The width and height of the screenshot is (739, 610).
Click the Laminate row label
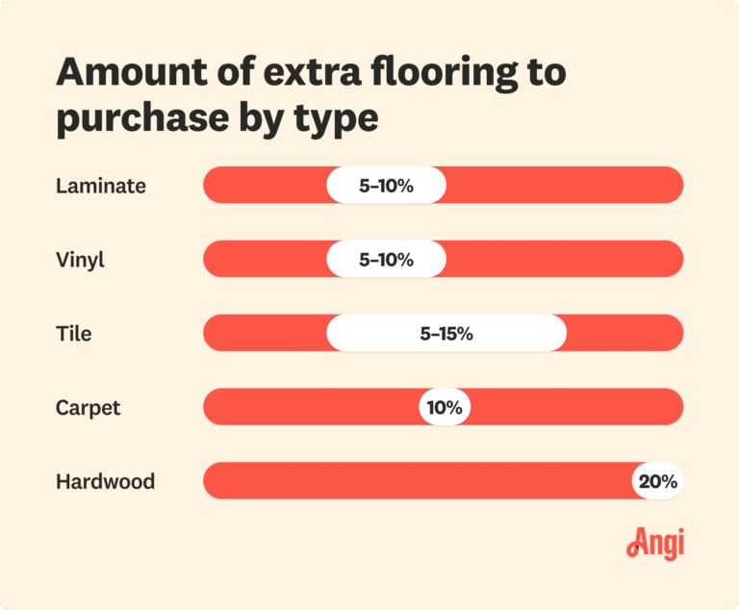(x=101, y=186)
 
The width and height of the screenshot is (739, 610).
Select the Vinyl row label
(x=81, y=260)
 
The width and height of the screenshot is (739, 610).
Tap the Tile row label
(x=73, y=334)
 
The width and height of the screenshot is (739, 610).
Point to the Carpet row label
(x=89, y=407)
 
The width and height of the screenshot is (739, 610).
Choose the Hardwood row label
(x=105, y=481)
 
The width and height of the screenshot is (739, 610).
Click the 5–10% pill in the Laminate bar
(x=386, y=186)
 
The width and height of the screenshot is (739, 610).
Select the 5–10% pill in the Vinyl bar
(x=386, y=260)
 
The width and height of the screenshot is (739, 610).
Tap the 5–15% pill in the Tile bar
(x=446, y=334)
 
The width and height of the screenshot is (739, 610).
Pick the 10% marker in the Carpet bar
(x=445, y=407)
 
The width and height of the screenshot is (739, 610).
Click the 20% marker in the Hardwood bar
(x=657, y=481)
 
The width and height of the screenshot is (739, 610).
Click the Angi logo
(x=655, y=544)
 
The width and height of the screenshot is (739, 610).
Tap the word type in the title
(x=338, y=120)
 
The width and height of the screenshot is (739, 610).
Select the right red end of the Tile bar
(x=624, y=334)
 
